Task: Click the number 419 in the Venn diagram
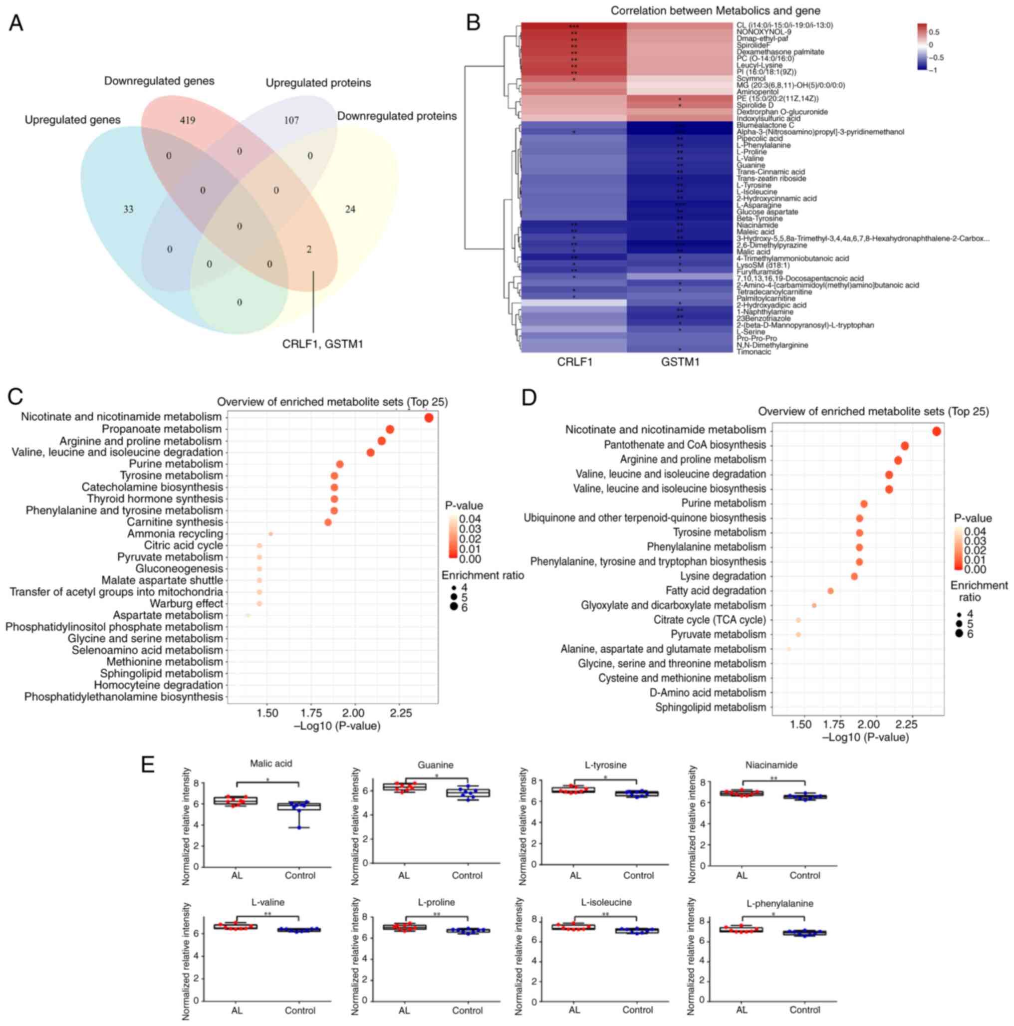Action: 187,120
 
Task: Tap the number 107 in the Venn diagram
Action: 291,120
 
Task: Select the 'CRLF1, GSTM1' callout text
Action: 322,344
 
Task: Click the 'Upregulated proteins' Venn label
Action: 318,83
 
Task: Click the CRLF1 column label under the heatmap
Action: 574,362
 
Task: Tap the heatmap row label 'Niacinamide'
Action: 757,225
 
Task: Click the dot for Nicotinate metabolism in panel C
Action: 429,418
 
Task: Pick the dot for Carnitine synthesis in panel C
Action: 328,522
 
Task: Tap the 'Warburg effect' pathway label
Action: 186,604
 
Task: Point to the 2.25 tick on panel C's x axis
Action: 401,713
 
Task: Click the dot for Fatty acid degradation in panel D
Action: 830,591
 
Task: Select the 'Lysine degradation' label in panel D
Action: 723,576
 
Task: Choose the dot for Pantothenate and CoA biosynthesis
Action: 905,446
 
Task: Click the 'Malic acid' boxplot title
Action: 271,764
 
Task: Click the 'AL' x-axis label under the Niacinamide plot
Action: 742,875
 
